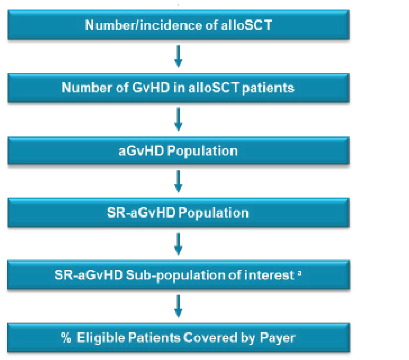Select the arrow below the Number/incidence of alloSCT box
click(x=178, y=56)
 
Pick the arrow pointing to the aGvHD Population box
click(x=178, y=119)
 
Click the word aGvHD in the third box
click(x=141, y=151)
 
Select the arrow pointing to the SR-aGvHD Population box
click(x=178, y=181)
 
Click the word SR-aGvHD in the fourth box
click(x=141, y=213)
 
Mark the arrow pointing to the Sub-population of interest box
click(x=178, y=243)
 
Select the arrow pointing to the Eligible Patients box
click(x=178, y=306)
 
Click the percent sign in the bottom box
click(x=66, y=338)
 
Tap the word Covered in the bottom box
click(x=210, y=338)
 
